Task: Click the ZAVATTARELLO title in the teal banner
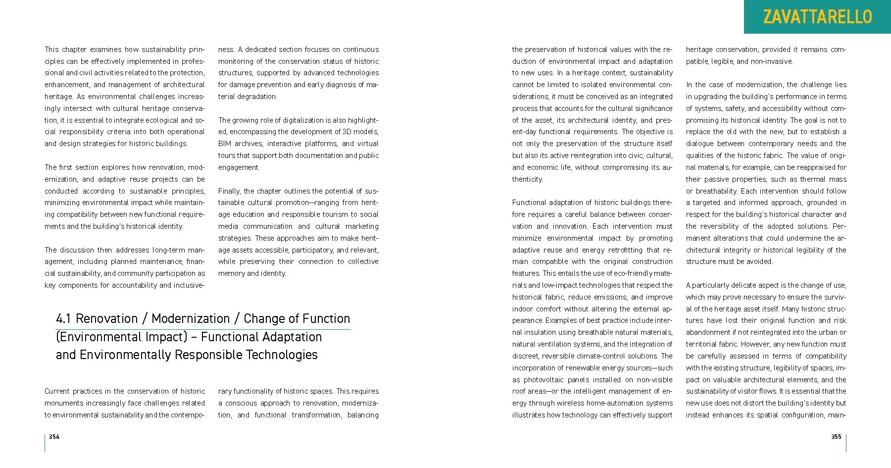817,17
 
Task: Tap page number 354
54,436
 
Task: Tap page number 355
836,436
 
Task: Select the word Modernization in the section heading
191,318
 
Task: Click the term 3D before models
347,132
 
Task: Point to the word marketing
362,226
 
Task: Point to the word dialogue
700,144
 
